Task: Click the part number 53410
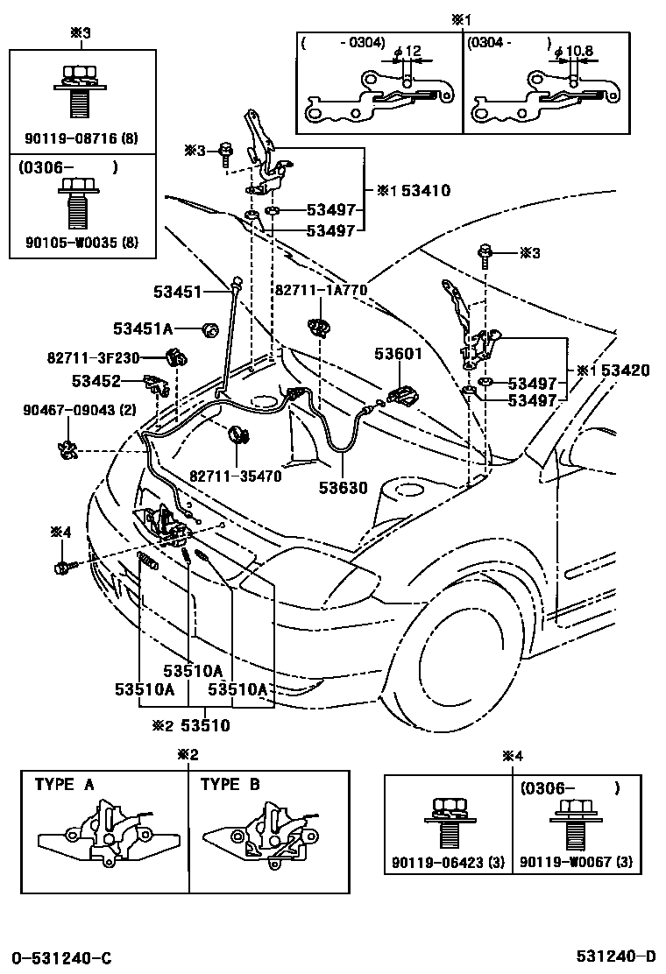[426, 190]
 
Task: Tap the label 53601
[398, 354]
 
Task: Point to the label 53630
[344, 488]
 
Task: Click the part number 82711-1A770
[322, 290]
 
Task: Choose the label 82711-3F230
[93, 357]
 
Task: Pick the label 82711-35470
[236, 476]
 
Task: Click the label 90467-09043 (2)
[80, 410]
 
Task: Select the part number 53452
[96, 381]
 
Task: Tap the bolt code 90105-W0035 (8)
[82, 242]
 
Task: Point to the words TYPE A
[65, 785]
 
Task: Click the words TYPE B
[230, 785]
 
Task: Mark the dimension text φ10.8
[575, 51]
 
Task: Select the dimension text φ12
[407, 51]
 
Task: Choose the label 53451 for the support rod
[178, 292]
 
